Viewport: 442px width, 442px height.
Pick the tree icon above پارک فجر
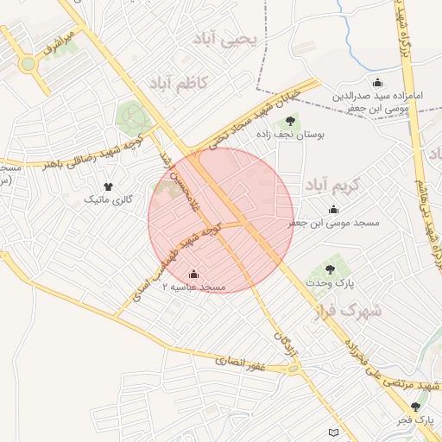[416, 406]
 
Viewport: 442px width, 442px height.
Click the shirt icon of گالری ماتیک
[108, 186]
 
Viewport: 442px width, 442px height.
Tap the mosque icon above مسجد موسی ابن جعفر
[334, 210]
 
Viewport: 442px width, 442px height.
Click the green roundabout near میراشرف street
[28, 63]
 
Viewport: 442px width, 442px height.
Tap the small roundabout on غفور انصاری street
[294, 370]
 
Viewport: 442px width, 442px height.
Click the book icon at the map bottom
[335, 432]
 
